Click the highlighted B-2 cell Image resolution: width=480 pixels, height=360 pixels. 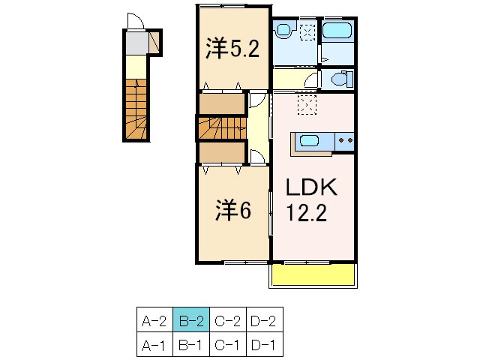pos(191,320)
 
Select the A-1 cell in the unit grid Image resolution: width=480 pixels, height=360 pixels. pos(155,344)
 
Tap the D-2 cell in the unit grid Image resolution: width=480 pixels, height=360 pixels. pos(265,320)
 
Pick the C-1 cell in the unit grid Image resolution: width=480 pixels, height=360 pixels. pos(228,344)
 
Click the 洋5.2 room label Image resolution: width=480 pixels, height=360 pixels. pos(232,48)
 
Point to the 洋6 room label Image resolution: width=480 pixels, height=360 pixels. pos(233,210)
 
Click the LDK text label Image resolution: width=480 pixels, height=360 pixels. pos(311,187)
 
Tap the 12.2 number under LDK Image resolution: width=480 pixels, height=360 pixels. pos(306,213)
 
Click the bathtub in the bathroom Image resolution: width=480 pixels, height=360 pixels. pos(337,30)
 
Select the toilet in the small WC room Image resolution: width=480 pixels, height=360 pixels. pos(342,79)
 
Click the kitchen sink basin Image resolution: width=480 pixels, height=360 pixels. pos(311,141)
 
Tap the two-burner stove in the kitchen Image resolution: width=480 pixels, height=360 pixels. pos(345,141)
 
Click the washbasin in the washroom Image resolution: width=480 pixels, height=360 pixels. pos(283,30)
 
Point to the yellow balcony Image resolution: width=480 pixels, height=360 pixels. pos(313,274)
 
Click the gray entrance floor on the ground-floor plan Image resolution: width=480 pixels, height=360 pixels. pos(137,43)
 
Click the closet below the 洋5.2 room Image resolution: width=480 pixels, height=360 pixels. pos(222,103)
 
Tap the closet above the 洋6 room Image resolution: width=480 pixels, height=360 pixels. pos(222,152)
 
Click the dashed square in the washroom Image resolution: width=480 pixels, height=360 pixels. pos(307,31)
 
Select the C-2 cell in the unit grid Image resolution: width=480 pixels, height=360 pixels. pos(228,320)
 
